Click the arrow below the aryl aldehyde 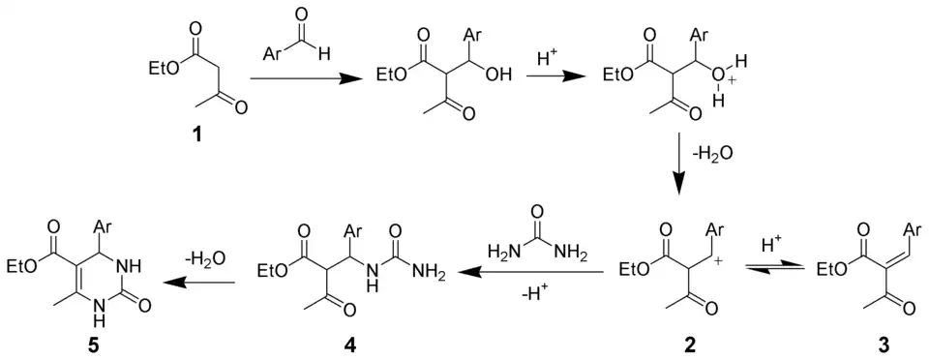coord(303,85)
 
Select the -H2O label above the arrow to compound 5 coord(206,257)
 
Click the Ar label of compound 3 coord(914,229)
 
